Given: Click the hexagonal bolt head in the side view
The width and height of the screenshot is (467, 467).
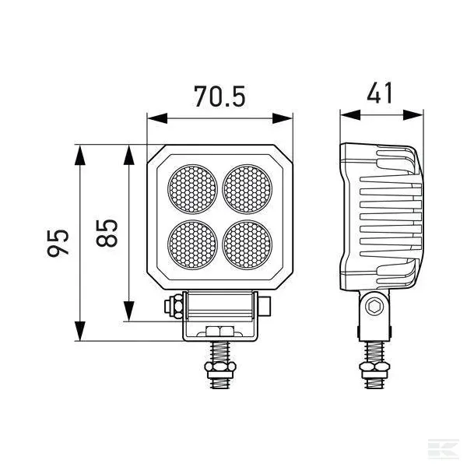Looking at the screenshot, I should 375,306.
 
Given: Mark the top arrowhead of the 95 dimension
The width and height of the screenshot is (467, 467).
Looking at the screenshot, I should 79,151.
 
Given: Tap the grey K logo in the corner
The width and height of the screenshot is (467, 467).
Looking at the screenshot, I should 447,449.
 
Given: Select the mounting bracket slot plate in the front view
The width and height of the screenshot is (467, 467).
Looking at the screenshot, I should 220,331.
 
